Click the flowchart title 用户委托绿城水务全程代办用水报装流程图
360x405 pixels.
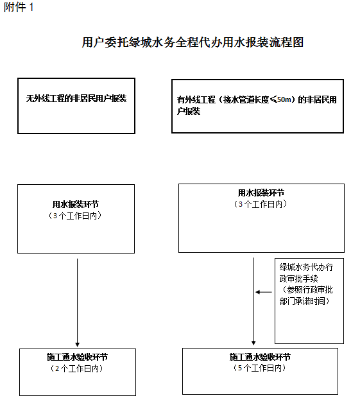pyautogui.click(x=193, y=42)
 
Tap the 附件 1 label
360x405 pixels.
pyautogui.click(x=19, y=7)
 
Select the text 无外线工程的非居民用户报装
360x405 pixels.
pyautogui.click(x=76, y=98)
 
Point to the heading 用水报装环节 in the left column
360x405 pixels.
pyautogui.click(x=76, y=204)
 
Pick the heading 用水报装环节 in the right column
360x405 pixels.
pyautogui.click(x=261, y=193)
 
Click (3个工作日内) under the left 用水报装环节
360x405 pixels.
pyautogui.click(x=75, y=216)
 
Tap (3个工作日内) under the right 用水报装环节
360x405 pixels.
pyautogui.click(x=261, y=204)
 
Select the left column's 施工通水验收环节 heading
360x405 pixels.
pyautogui.click(x=77, y=357)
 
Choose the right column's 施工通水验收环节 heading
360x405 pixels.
pyautogui.click(x=260, y=357)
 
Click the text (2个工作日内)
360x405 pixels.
pyautogui.click(x=77, y=368)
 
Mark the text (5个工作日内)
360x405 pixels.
pyautogui.click(x=259, y=368)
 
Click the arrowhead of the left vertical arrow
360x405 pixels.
pyautogui.click(x=77, y=345)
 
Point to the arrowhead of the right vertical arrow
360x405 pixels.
pyautogui.click(x=253, y=343)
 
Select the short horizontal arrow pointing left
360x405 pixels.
pyautogui.click(x=264, y=292)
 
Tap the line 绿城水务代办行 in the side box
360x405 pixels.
pyautogui.click(x=306, y=267)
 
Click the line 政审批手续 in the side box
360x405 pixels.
pyautogui.click(x=298, y=279)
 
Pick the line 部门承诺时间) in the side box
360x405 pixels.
pyautogui.click(x=305, y=301)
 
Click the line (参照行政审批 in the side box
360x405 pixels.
pyautogui.click(x=306, y=289)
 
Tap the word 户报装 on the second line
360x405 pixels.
pyautogui.click(x=189, y=111)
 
